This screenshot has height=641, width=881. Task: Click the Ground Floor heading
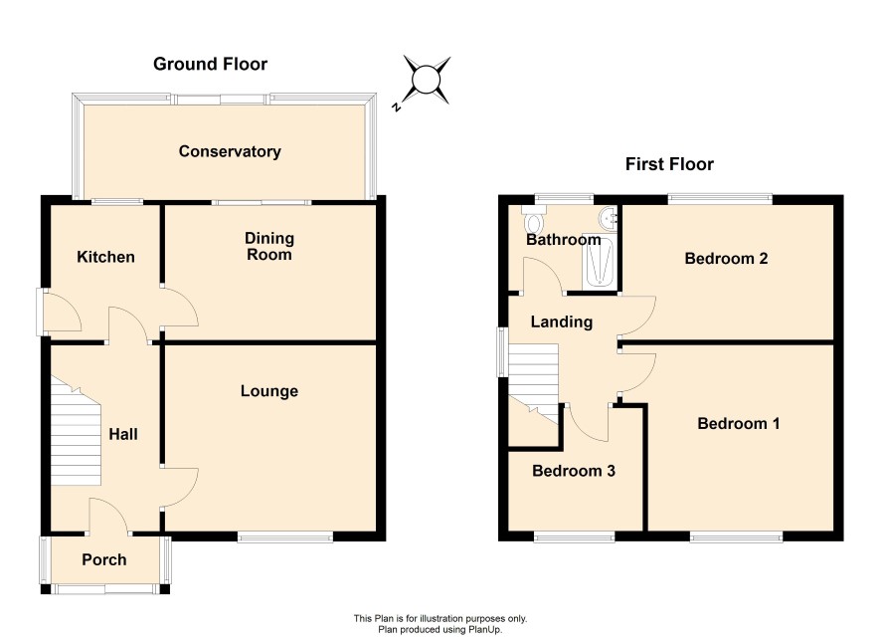[210, 64]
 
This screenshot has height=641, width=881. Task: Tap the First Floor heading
[669, 164]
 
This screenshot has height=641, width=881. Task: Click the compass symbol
[427, 81]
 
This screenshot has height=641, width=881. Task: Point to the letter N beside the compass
[397, 107]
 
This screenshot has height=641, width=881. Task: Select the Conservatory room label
[230, 151]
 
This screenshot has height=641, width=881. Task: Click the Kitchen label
[105, 257]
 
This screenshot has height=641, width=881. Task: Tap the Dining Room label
[269, 246]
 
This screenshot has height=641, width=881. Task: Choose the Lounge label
[269, 391]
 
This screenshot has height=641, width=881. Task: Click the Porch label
[104, 559]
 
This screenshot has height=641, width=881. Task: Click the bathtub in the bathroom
[599, 261]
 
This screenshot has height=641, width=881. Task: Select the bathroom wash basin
[609, 218]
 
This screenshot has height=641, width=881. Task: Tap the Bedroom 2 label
[726, 259]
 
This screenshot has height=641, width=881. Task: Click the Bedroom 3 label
[574, 471]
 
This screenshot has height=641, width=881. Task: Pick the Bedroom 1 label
[738, 423]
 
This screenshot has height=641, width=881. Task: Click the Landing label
[562, 322]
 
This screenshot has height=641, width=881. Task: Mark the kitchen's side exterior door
[39, 312]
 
